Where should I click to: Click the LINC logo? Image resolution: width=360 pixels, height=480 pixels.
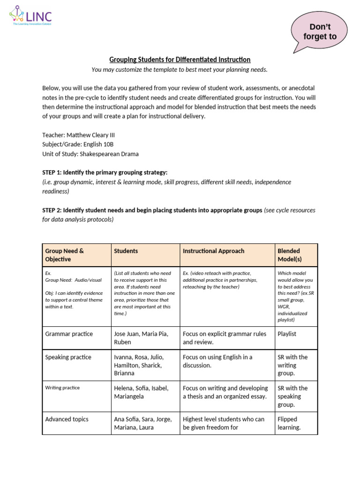pos(30,17)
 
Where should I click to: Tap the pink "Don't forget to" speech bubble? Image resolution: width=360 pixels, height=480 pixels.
pos(320,32)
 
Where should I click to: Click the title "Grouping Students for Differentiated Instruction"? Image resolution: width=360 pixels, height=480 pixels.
pos(180,60)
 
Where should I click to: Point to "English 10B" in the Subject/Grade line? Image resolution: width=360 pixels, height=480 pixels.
pos(99,144)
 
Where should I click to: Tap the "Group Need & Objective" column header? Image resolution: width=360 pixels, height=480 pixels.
pos(65,255)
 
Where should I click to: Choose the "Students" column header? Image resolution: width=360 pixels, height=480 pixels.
pos(126,251)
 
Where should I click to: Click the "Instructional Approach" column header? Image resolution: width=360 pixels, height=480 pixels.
pos(213,251)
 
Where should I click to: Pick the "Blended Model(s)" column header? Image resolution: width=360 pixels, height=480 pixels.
pos(289,255)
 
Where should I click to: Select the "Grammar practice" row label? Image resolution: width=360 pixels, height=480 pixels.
pos(69,334)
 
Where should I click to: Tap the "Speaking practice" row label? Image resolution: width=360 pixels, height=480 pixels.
pos(68,357)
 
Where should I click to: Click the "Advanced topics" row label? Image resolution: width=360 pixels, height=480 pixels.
pos(67,419)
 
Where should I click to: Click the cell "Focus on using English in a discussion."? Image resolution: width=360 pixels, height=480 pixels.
pos(217,361)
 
